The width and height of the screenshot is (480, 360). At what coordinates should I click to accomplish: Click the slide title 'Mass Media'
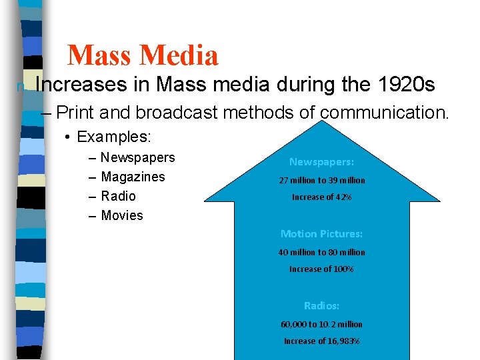tap(143, 55)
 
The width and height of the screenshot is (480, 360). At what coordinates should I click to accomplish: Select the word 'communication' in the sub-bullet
tap(383, 113)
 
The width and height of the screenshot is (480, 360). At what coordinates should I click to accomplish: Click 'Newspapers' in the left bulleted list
tap(137, 157)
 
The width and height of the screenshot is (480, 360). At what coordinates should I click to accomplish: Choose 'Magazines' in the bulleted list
tap(133, 177)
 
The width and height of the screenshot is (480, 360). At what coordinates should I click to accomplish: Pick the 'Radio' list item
tap(118, 196)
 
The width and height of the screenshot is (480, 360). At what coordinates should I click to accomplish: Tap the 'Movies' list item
tap(122, 215)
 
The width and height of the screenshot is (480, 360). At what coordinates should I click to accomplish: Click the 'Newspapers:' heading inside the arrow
tap(321, 162)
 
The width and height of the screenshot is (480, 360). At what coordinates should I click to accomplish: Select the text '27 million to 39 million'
tap(321, 180)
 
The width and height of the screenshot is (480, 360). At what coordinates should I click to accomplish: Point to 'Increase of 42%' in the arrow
tap(321, 197)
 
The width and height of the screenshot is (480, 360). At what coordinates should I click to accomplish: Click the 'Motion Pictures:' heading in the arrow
tap(321, 234)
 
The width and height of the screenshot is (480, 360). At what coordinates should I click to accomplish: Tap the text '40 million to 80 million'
tap(321, 252)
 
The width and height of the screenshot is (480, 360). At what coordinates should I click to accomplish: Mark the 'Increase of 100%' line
tap(321, 269)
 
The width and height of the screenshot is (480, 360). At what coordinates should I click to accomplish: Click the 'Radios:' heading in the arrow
tap(321, 306)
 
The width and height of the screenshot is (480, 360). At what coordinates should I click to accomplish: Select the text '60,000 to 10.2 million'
tap(321, 324)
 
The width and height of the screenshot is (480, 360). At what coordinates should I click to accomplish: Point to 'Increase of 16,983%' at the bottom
tap(321, 341)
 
